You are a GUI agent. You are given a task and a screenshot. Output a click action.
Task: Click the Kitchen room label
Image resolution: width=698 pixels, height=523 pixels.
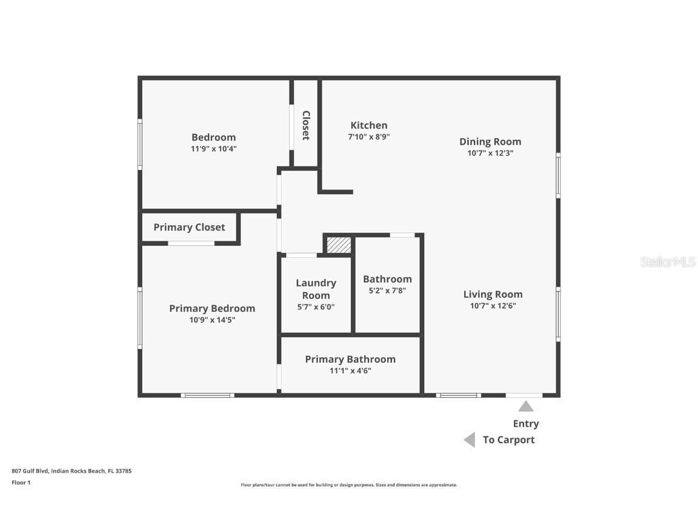(369, 125)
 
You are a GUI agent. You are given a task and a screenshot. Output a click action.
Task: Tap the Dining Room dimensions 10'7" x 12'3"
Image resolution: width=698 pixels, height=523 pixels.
(490, 153)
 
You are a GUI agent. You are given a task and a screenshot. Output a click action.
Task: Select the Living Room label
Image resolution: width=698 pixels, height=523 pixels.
(493, 294)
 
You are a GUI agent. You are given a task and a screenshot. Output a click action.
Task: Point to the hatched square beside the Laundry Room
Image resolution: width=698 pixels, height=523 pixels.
(339, 245)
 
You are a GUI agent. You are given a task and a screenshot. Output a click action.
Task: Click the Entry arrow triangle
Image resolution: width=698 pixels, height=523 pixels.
(526, 406)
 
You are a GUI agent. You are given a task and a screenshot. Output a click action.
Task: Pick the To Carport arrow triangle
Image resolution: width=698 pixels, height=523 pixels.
(470, 440)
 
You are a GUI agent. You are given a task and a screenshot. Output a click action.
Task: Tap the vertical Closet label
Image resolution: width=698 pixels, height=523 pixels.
(306, 125)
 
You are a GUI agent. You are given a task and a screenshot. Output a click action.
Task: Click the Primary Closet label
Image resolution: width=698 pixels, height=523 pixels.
(189, 227)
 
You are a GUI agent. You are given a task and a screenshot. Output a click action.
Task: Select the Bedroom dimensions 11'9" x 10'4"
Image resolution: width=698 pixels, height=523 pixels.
(213, 148)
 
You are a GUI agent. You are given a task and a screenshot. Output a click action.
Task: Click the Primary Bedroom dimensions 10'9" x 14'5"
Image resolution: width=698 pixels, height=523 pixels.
(212, 320)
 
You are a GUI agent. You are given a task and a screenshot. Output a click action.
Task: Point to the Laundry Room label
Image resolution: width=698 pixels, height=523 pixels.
(316, 289)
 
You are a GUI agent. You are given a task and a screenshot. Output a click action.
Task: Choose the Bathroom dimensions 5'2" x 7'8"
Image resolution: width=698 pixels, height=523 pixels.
(387, 290)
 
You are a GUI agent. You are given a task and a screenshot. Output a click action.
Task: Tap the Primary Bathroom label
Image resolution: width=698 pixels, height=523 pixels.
(350, 359)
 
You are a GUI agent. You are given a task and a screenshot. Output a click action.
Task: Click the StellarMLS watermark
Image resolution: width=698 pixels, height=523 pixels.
(668, 262)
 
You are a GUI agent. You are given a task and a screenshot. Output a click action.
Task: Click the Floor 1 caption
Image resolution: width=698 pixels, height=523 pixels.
(21, 482)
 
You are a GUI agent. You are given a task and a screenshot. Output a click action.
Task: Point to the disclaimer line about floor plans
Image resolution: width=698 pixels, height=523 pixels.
(349, 485)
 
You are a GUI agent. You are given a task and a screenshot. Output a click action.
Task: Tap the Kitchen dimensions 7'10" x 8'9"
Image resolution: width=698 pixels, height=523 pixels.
(368, 137)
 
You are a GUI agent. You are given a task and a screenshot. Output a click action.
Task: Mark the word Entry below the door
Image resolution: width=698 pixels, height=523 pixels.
(526, 424)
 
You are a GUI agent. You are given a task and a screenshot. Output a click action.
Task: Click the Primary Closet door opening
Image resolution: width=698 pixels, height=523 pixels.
(191, 243)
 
